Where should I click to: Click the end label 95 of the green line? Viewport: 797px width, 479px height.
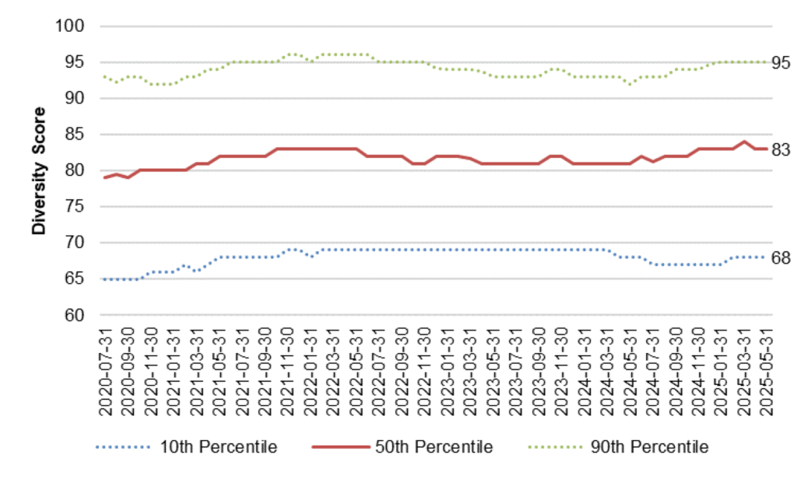pos(781,62)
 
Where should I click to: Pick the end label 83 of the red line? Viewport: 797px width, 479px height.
pos(781,149)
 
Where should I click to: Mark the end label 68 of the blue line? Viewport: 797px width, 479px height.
pos(781,257)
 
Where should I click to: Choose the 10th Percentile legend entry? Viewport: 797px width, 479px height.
pos(186,447)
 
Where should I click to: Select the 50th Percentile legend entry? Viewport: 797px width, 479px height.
pos(402,447)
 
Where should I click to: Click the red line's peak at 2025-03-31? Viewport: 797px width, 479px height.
pos(743,142)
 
